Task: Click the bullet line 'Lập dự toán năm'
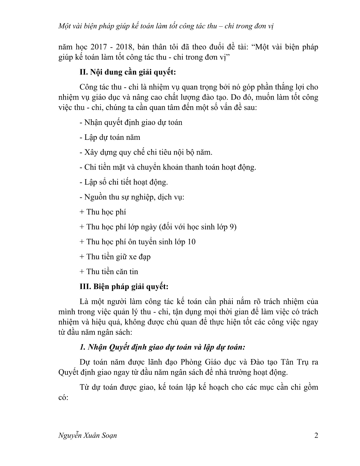pyautogui.click(x=110, y=137)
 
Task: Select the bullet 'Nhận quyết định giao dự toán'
pyautogui.click(x=131, y=123)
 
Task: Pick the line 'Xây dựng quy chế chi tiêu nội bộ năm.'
pyautogui.click(x=146, y=152)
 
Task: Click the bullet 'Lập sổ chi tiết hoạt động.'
pyautogui.click(x=123, y=182)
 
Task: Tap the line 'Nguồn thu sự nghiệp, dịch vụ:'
pyautogui.click(x=132, y=197)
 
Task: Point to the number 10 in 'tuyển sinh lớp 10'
pyautogui.click(x=191, y=242)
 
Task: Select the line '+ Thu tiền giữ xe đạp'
pyautogui.click(x=115, y=257)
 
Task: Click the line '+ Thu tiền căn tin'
pyautogui.click(x=109, y=271)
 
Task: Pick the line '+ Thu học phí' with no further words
pyautogui.click(x=103, y=212)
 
